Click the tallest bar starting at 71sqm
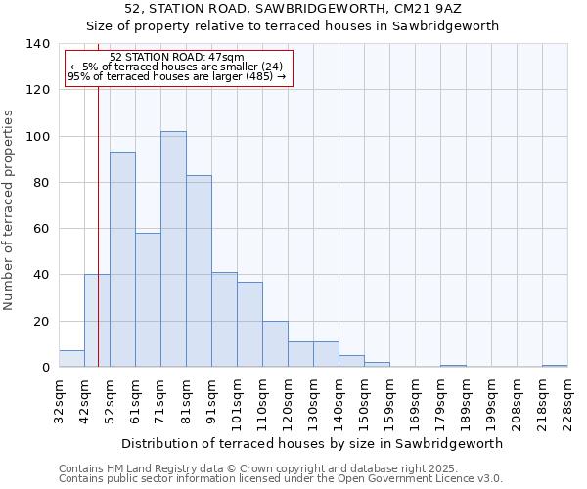click(x=173, y=249)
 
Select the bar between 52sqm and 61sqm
click(x=122, y=259)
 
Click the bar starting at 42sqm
click(x=97, y=321)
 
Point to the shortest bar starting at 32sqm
click(x=71, y=359)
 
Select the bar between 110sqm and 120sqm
click(x=275, y=344)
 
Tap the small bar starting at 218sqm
click(x=555, y=366)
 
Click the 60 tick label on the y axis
click(x=42, y=229)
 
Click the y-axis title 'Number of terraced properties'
click(x=10, y=210)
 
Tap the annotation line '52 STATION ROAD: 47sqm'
click(x=177, y=57)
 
